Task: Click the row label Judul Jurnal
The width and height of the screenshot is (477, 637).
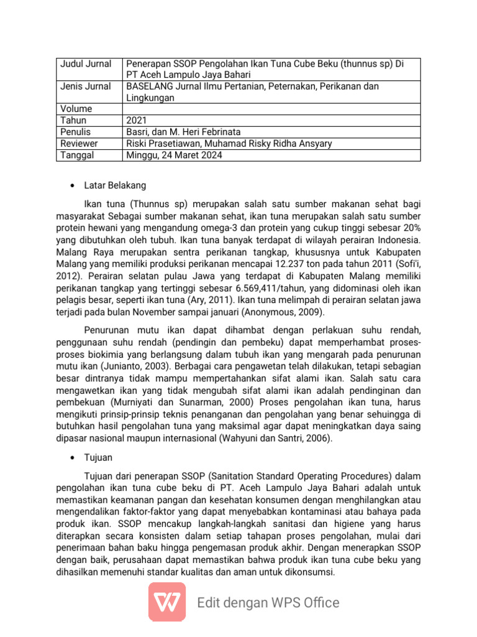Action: (x=86, y=64)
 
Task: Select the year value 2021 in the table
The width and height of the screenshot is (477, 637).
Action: (x=137, y=121)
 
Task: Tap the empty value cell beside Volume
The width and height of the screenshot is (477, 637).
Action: (x=271, y=109)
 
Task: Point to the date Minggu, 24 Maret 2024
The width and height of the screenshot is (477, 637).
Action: (x=174, y=155)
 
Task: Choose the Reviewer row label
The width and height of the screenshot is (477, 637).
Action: (x=79, y=144)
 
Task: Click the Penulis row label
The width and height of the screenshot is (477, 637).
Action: (x=76, y=132)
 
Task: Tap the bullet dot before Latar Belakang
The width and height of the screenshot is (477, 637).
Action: (x=73, y=186)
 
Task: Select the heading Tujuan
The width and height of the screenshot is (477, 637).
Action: (x=99, y=457)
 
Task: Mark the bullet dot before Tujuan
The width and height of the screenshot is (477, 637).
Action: (x=73, y=458)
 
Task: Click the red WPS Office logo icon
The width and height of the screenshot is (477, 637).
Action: (x=166, y=602)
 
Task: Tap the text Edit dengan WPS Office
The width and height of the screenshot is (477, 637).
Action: (x=268, y=602)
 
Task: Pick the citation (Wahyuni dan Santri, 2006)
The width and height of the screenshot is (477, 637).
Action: (x=268, y=438)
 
